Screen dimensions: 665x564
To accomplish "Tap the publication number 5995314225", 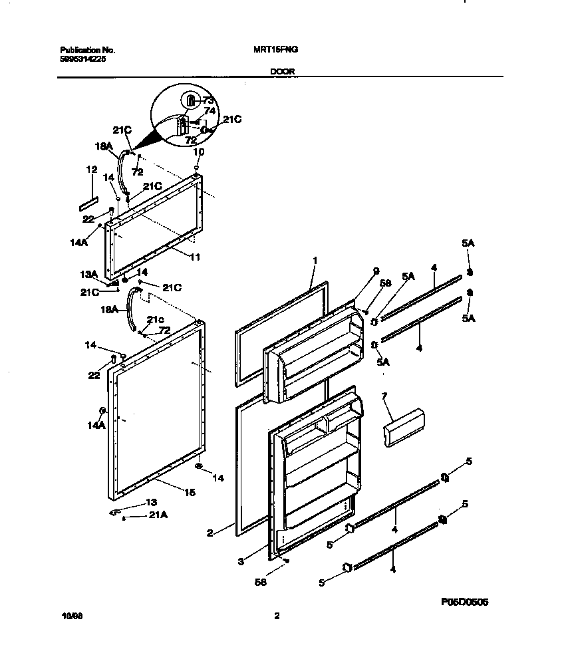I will tap(82, 59).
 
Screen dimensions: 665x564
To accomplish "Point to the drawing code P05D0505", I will tap(464, 602).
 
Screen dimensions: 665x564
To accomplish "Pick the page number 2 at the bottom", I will tap(277, 616).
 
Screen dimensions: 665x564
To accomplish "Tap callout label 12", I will tap(92, 170).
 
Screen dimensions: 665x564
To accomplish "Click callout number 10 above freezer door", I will tap(197, 152).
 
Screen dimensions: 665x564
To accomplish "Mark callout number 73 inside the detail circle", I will tap(208, 101).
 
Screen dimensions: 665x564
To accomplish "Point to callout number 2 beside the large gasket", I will tap(210, 533).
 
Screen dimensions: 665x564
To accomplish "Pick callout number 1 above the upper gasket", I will tap(315, 260).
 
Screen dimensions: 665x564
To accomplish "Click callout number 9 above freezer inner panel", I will tap(376, 271).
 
